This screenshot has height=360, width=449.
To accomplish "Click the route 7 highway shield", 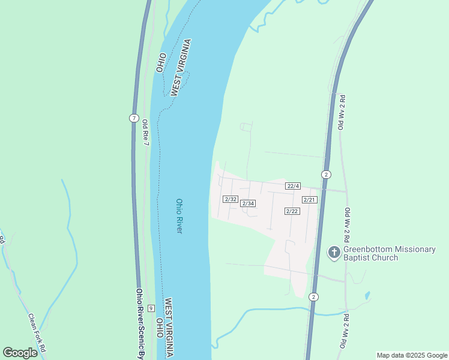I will point(134,118).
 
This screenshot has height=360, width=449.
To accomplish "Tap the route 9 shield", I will point(151,308).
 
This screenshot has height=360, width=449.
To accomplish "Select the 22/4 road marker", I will point(293,185).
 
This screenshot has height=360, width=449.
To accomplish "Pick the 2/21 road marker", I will point(309,199).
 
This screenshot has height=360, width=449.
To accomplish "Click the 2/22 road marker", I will point(292,211).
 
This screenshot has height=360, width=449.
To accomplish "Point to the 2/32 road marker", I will point(231,199).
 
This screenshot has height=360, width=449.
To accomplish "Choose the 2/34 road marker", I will point(248,203).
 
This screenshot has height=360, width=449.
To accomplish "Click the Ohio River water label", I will point(179,217).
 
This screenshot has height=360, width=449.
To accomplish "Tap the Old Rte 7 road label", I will point(145,131).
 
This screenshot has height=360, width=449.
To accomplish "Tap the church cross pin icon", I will point(334,253).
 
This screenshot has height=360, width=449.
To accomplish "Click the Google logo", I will point(20,353).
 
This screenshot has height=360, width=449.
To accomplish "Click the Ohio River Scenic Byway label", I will point(140,324).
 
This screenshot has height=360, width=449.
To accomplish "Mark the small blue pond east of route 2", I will point(367,296).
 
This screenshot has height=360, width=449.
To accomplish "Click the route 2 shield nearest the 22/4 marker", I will point(326,175).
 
